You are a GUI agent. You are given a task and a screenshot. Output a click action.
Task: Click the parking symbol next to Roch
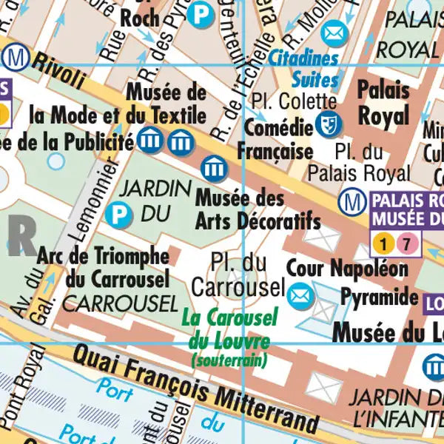click(198, 13)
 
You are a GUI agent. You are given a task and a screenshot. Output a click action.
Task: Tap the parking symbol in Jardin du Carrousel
click(118, 215)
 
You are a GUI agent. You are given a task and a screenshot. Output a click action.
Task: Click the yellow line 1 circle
click(383, 243)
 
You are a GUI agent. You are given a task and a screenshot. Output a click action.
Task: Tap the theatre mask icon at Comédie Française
click(326, 124)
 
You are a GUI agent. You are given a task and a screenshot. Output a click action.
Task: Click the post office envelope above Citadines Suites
click(334, 33)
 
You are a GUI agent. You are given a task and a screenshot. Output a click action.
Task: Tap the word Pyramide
click(379, 297)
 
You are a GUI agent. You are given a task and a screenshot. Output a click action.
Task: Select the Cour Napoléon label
click(347, 269)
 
